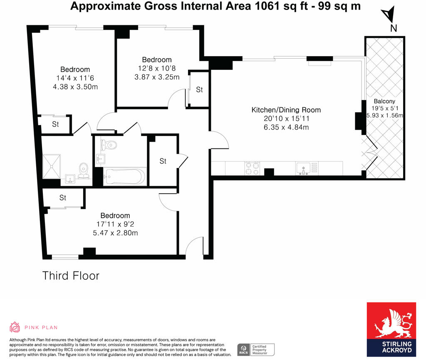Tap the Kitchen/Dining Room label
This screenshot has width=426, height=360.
(286, 110)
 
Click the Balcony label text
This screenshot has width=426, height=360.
(384, 101)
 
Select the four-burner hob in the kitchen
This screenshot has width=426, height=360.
(252, 168)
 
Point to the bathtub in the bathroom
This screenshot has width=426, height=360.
(125, 177)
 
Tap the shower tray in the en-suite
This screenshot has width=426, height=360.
(52, 166)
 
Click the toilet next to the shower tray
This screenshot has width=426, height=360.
(84, 170)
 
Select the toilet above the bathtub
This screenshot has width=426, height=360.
(109, 145)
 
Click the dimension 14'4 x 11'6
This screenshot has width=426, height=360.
(75, 78)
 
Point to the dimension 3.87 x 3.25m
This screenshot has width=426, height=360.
(157, 77)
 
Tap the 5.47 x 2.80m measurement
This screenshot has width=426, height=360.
(116, 233)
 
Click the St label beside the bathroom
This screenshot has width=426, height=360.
(163, 161)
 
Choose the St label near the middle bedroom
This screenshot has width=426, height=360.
(199, 90)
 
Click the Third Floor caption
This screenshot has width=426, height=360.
(71, 276)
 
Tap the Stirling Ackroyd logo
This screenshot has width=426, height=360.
(391, 329)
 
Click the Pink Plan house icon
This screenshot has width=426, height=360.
(15, 327)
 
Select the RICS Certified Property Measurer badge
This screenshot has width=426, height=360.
(256, 350)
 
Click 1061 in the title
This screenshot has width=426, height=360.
(267, 6)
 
